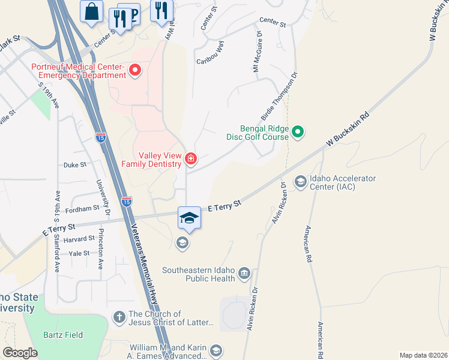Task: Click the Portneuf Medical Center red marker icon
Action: point(135,71)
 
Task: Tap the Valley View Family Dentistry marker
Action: point(191,159)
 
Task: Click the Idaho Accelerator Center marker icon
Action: point(300,181)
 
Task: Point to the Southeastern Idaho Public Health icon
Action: point(244,274)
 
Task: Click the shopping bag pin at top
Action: point(91,11)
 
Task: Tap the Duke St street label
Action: point(75,164)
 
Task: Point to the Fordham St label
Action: point(82,209)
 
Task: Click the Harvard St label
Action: point(80,238)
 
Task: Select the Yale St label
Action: point(79,254)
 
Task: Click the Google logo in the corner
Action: point(20,352)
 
